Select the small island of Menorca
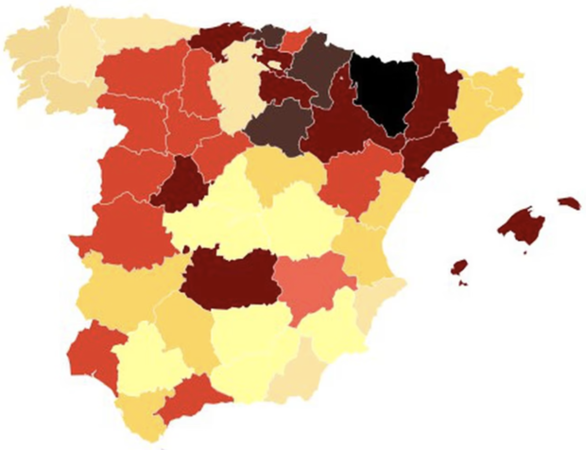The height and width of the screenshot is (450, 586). [x=568, y=202]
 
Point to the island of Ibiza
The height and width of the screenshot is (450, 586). [x=459, y=267]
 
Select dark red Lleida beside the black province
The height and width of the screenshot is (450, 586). [x=431, y=95]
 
